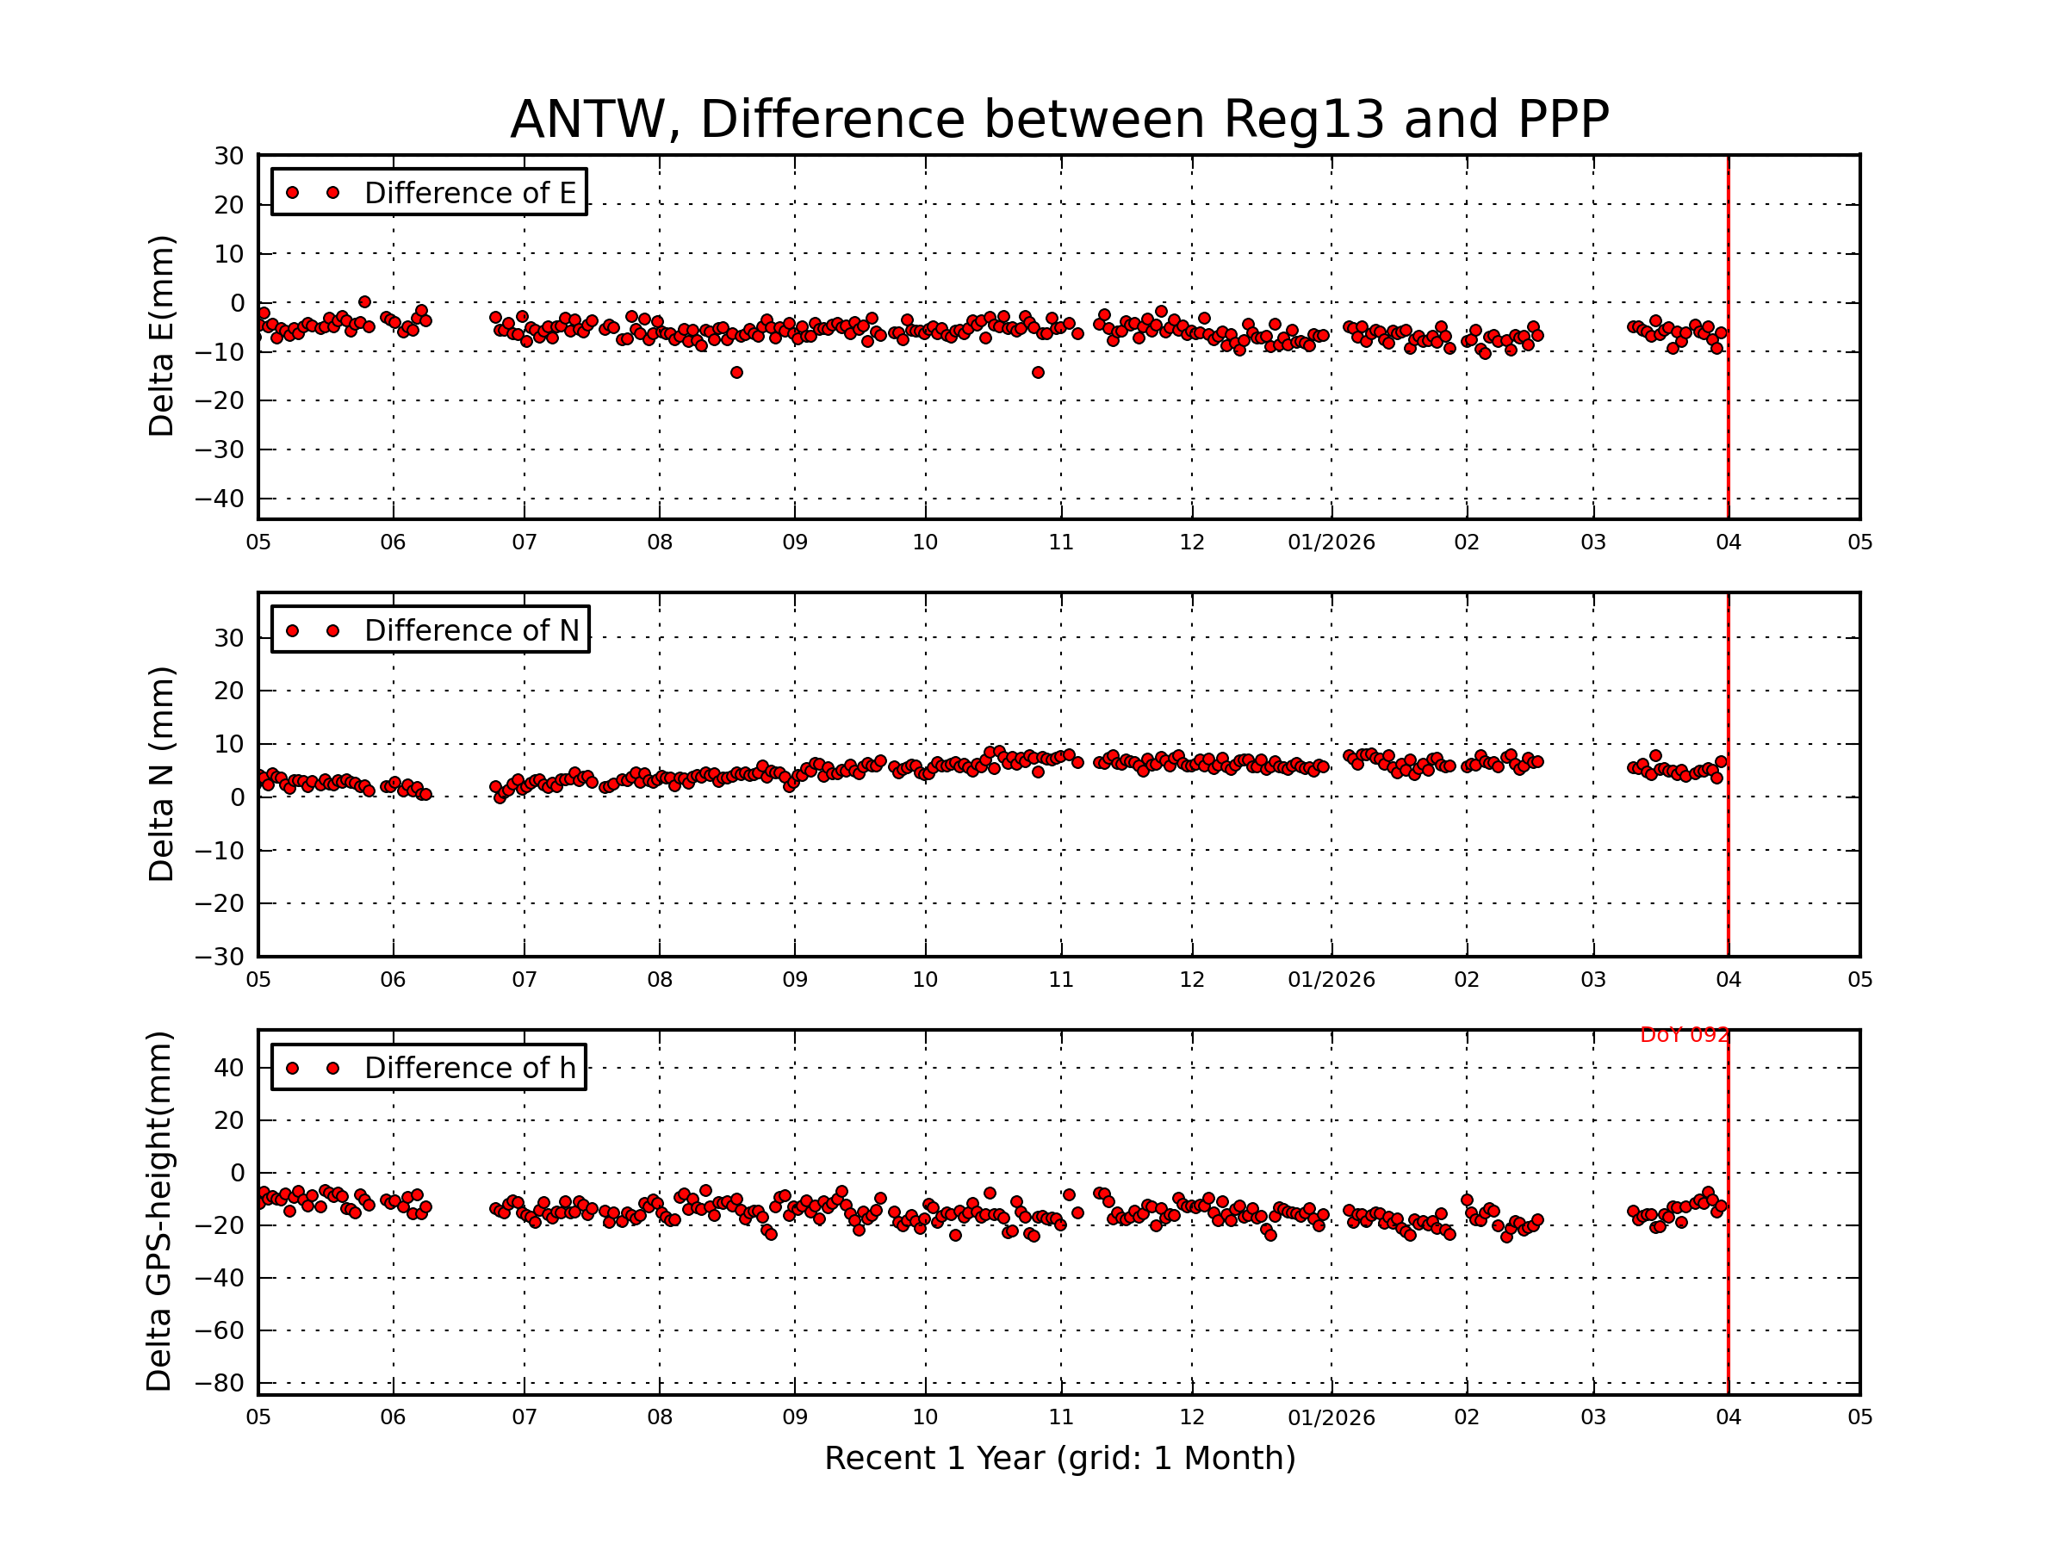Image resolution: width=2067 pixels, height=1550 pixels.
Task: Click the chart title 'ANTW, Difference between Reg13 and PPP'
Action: pyautogui.click(x=1058, y=120)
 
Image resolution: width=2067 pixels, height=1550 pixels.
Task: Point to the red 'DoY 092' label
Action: pyautogui.click(x=1684, y=1035)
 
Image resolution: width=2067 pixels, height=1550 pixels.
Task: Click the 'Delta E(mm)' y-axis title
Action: pyautogui.click(x=161, y=336)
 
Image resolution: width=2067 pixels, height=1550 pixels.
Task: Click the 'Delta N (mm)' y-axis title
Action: pyautogui.click(x=161, y=773)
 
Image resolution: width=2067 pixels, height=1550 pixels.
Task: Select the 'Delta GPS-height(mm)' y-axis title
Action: pyautogui.click(x=158, y=1211)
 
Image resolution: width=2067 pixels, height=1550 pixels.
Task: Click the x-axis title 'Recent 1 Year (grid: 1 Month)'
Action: pyautogui.click(x=1059, y=1459)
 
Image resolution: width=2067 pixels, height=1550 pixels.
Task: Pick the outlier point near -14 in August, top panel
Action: pyautogui.click(x=736, y=373)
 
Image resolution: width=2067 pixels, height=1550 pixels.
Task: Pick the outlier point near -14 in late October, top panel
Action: pyautogui.click(x=1037, y=373)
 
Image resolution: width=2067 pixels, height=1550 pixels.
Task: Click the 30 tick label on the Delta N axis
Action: pyautogui.click(x=229, y=638)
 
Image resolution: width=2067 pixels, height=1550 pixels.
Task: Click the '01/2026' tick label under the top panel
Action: pyautogui.click(x=1331, y=542)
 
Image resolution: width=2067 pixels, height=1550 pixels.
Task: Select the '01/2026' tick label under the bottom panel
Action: pyautogui.click(x=1331, y=1417)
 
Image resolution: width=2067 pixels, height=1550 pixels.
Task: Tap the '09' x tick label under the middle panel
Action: pyautogui.click(x=794, y=980)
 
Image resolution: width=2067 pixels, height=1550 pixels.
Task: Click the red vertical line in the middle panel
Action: pyautogui.click(x=1728, y=840)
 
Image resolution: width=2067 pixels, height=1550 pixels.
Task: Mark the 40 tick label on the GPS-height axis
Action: pyautogui.click(x=229, y=1067)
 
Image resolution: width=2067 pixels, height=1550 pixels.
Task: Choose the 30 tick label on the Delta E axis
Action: pyautogui.click(x=229, y=156)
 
